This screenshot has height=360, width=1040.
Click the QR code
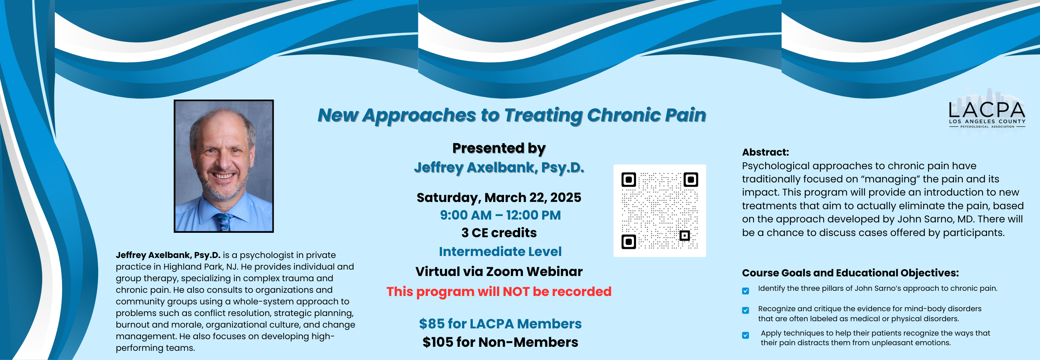point(660,210)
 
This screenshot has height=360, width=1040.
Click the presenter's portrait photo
point(224,166)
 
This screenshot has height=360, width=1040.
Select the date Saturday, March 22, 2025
point(499,197)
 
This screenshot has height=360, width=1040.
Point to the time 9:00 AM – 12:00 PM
point(500,215)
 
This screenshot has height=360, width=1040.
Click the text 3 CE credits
point(499,233)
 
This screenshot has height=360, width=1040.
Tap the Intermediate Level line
point(500,252)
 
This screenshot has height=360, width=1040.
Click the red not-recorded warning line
point(499,291)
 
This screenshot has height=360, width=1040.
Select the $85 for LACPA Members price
point(500,324)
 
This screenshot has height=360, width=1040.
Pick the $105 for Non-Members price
point(500,342)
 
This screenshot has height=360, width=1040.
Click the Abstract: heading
point(765,152)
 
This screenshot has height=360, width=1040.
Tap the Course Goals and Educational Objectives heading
point(850,273)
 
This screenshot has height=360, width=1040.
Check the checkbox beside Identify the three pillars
point(746,291)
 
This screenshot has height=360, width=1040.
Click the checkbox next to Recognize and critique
point(746,310)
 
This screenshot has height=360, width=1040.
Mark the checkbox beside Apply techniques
point(746,335)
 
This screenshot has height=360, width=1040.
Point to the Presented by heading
point(499,148)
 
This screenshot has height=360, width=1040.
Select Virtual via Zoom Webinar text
point(499,272)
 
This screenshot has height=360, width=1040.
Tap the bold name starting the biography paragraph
point(168,255)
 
